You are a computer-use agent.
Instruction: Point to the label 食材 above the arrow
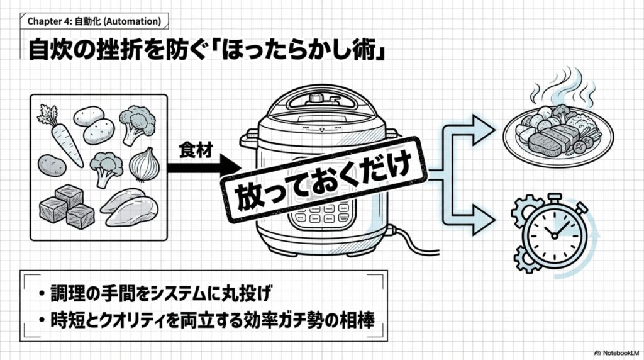tap(193, 150)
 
